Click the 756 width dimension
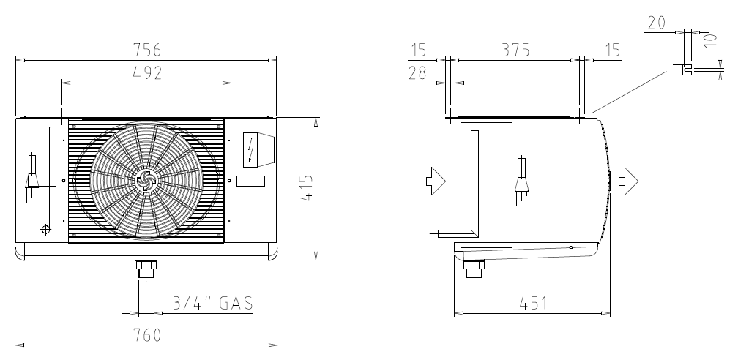tap(147, 50)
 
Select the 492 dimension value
tap(147, 72)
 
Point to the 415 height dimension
tap(306, 188)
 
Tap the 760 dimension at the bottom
tap(147, 335)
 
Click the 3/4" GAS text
tap(213, 303)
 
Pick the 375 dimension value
tap(515, 50)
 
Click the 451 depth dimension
tap(533, 304)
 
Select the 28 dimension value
tap(417, 73)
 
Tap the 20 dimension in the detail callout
tap(657, 23)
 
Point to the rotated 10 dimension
tap(711, 40)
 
